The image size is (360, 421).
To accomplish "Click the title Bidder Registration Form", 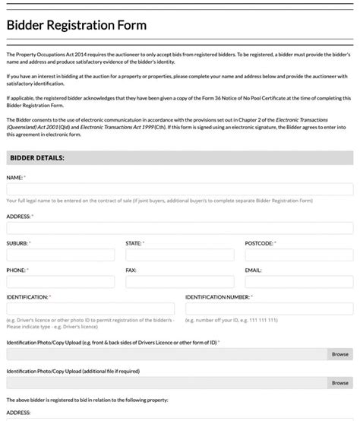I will click(77, 25).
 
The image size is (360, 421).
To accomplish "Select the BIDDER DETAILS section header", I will click(36, 157).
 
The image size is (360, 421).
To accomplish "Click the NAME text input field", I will click(179, 189).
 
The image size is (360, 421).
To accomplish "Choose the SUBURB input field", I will click(60, 255).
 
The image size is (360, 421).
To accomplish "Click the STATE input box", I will click(179, 255).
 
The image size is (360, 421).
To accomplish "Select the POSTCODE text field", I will click(298, 255).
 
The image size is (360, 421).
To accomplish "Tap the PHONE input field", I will click(60, 281).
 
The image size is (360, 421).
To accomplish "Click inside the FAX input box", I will click(179, 281).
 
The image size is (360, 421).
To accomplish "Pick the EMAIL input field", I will click(298, 281).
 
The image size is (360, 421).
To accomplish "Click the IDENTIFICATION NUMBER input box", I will click(269, 308).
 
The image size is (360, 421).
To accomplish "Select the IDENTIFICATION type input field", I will click(90, 308).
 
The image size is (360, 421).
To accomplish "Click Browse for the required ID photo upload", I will click(339, 354).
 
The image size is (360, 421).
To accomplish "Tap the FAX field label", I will click(131, 270).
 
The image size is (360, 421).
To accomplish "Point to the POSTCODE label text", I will click(259, 243).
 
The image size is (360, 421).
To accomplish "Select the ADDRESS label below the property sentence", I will click(18, 413).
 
